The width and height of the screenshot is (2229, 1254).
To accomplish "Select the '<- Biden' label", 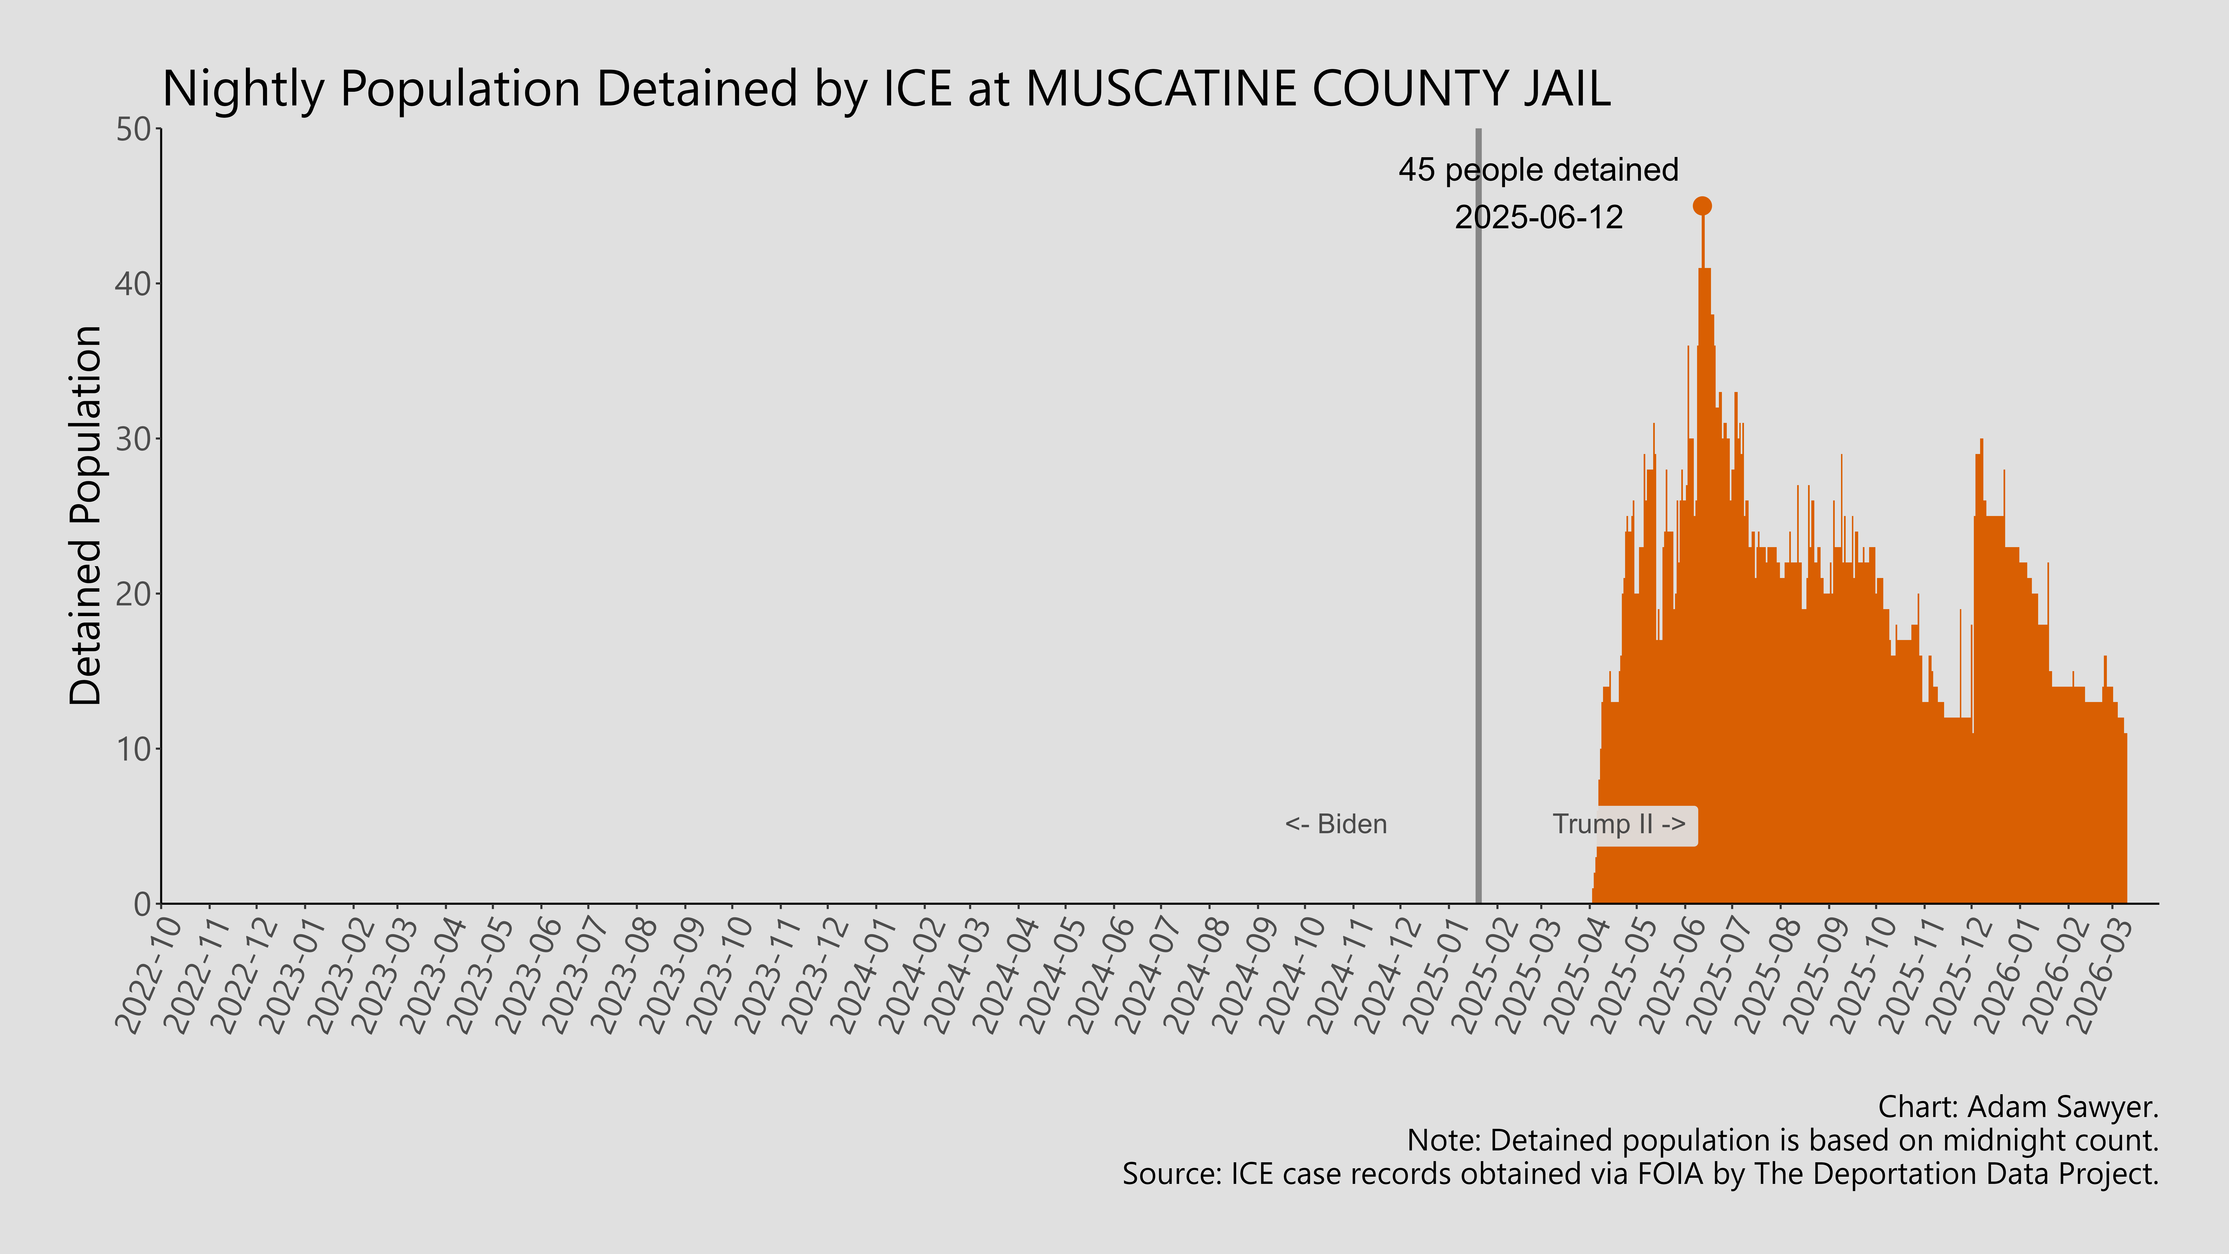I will point(1335,824).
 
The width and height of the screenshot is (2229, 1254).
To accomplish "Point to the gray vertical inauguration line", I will point(1478,519).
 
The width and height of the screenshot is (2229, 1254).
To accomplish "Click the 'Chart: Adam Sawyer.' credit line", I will point(2018,1107).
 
